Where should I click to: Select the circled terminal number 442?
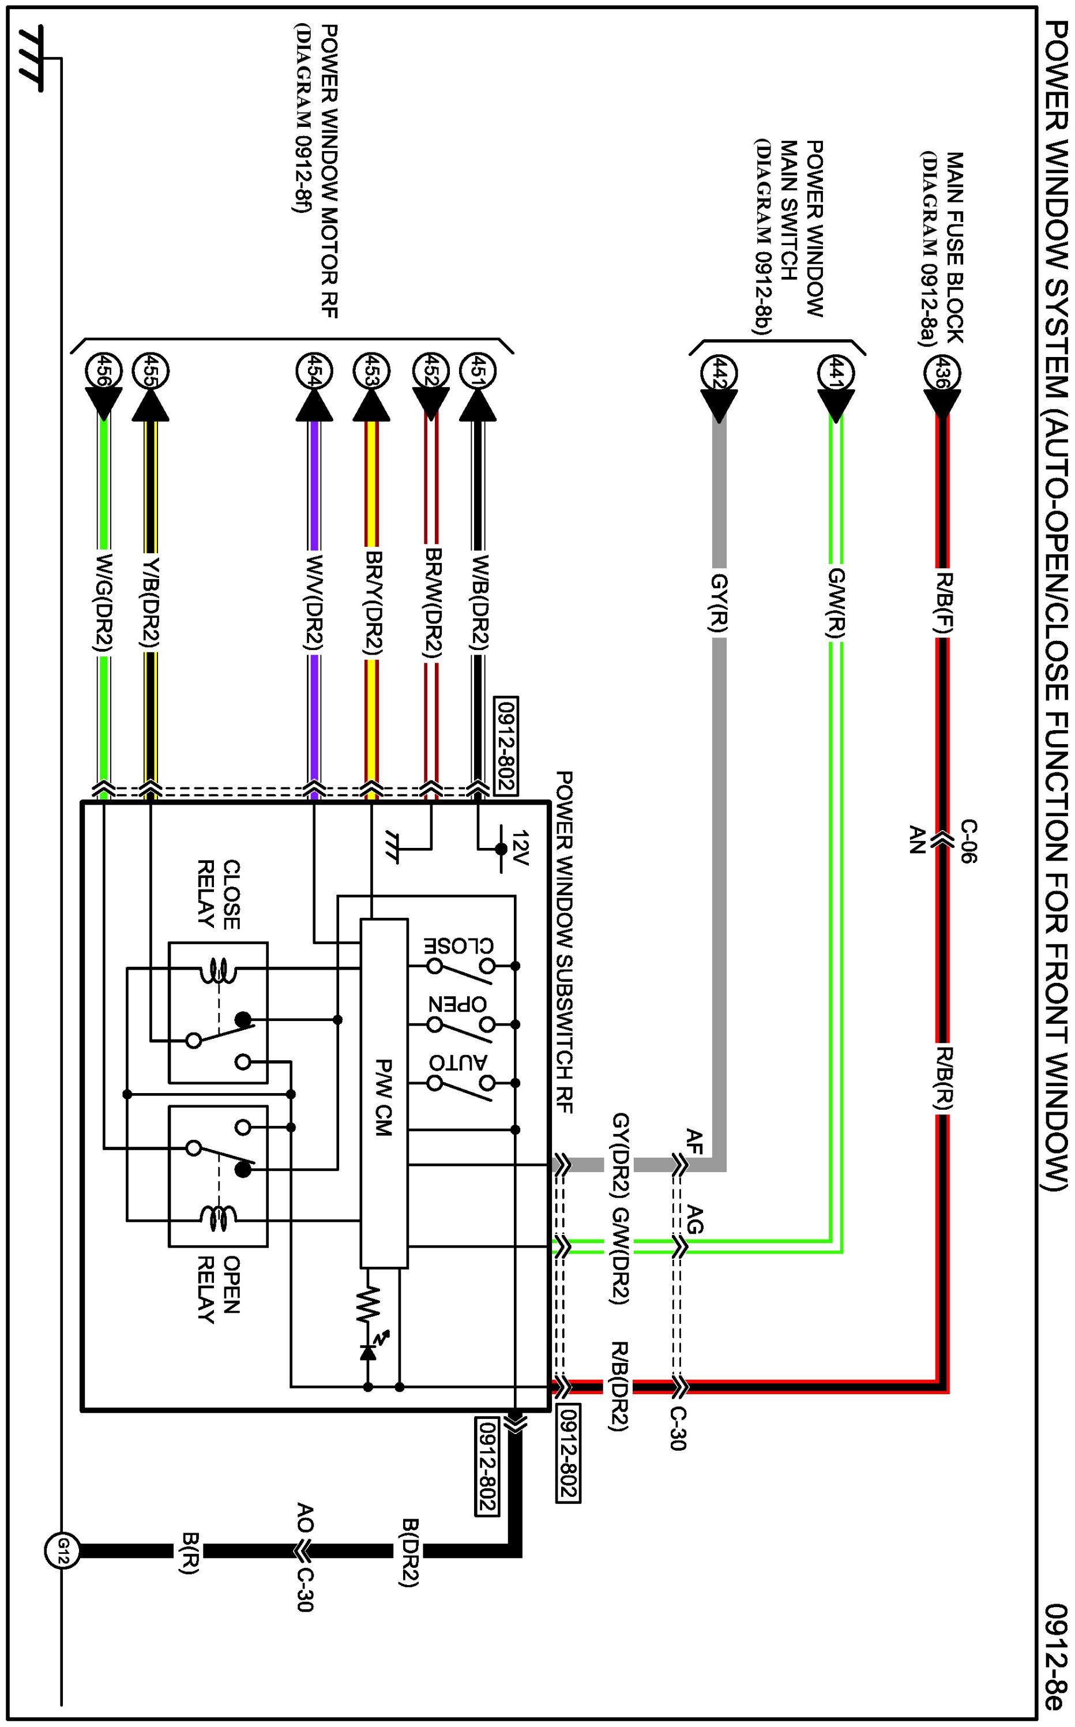click(719, 373)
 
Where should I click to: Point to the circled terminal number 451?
click(478, 371)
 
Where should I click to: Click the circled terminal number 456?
click(104, 371)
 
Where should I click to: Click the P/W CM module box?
click(384, 1098)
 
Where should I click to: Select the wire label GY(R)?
click(719, 603)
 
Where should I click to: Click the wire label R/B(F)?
click(943, 602)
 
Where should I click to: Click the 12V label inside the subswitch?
click(520, 848)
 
